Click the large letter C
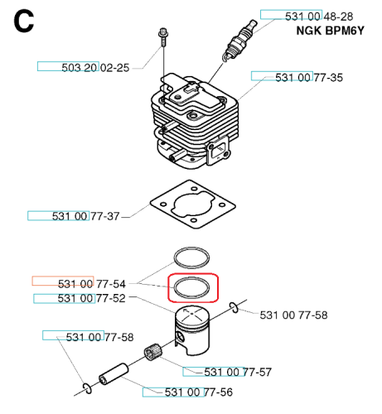[24, 22]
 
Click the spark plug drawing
[239, 41]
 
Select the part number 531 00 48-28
[319, 17]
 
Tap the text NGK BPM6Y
[330, 31]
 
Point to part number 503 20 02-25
[95, 68]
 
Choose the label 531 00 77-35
[309, 78]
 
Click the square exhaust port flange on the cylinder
[219, 152]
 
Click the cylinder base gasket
[193, 205]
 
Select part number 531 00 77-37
[86, 216]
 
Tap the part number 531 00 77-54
[92, 284]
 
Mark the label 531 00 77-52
[91, 298]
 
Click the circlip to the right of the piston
[234, 308]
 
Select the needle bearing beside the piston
[152, 351]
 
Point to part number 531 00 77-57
[238, 372]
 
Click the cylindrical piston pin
[114, 374]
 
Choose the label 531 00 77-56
[199, 392]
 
